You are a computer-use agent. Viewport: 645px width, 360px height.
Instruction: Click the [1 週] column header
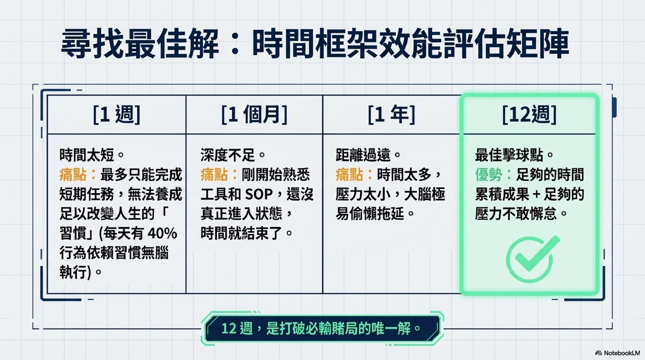117,115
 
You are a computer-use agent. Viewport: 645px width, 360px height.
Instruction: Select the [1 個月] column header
254,115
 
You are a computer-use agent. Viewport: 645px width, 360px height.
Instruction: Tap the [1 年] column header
392,115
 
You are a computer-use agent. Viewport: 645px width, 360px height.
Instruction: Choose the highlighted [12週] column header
529,115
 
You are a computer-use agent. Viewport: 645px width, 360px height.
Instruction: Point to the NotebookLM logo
618,353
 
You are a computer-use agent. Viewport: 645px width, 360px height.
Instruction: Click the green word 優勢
489,175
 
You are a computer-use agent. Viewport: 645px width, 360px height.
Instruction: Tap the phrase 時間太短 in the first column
87,155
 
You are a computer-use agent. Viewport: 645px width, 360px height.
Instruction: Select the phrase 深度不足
228,155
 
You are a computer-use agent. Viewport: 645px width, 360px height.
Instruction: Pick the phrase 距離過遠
363,155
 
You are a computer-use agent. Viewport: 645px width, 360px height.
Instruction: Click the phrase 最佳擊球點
509,155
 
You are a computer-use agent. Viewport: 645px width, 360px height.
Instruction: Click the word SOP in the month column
259,194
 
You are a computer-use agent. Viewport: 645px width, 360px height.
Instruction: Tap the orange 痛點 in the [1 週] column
73,175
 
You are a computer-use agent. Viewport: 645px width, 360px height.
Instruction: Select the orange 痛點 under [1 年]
349,175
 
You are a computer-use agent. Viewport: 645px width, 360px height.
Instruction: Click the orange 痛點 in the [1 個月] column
214,175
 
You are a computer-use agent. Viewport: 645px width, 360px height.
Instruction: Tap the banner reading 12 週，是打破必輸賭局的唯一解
322,329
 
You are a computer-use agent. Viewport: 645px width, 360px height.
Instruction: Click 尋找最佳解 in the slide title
140,44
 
